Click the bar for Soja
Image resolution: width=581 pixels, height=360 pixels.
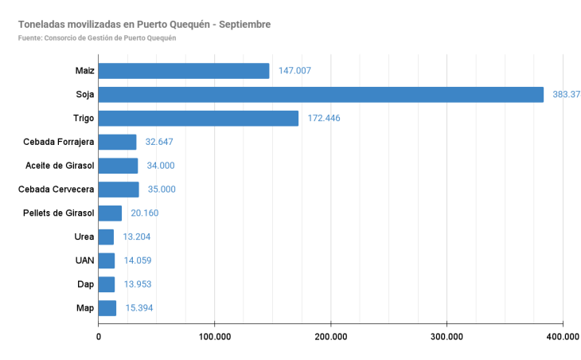pos(321,95)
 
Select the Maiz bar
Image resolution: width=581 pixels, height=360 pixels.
pos(184,71)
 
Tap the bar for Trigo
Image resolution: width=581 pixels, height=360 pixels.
pos(198,119)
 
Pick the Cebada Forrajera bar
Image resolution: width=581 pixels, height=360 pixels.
pos(118,142)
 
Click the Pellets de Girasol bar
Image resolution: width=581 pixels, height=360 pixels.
pos(110,213)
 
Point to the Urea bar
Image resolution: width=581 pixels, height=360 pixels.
pos(106,237)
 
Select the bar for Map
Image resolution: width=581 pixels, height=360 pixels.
pos(107,308)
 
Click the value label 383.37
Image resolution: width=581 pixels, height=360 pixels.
pos(566,95)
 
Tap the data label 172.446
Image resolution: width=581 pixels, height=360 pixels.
pos(324,119)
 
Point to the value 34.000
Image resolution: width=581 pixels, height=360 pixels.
pos(161,166)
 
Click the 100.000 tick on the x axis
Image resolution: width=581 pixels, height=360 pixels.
pos(214,337)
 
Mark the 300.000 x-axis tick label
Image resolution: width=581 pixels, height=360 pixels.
pos(446,337)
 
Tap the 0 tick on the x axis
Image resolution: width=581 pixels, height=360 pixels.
pos(99,337)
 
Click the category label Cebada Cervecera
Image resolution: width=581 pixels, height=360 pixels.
pos(57,190)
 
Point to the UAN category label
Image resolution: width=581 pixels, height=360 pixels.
pos(84,260)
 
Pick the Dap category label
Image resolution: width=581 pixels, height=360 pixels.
pos(85,284)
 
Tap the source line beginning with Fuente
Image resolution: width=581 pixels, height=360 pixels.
pos(96,38)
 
